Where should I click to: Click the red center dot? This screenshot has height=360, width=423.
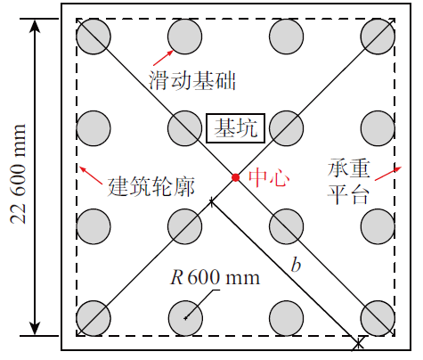pyautogui.click(x=235, y=177)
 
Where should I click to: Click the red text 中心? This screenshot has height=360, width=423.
pyautogui.click(x=269, y=178)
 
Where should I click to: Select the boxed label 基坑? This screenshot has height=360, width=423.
pyautogui.click(x=236, y=128)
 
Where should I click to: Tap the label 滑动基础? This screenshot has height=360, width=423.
pyautogui.click(x=192, y=80)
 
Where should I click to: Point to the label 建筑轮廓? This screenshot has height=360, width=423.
pyautogui.click(x=150, y=186)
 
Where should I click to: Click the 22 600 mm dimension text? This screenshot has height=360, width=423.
pyautogui.click(x=19, y=174)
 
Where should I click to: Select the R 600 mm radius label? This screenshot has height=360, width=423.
pyautogui.click(x=215, y=277)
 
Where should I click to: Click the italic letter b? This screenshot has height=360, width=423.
pyautogui.click(x=296, y=264)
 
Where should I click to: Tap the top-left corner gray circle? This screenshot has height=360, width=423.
pyautogui.click(x=94, y=37)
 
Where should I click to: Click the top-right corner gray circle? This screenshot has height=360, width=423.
pyautogui.click(x=378, y=37)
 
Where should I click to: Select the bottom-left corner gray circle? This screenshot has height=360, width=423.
pyautogui.click(x=94, y=318)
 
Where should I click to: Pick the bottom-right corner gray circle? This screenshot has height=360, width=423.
pyautogui.click(x=378, y=318)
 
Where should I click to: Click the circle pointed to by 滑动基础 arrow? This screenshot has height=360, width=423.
pyautogui.click(x=185, y=37)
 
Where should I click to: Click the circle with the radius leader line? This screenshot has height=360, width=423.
pyautogui.click(x=185, y=318)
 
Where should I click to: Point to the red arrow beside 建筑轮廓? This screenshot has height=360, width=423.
pyautogui.click(x=91, y=176)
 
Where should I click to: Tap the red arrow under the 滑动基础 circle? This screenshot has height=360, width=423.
pyautogui.click(x=163, y=58)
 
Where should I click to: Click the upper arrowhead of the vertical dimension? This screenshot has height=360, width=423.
pyautogui.click(x=35, y=26)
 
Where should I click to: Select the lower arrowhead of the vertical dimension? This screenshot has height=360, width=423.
pyautogui.click(x=35, y=329)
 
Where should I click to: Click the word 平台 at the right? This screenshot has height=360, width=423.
pyautogui.click(x=348, y=195)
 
